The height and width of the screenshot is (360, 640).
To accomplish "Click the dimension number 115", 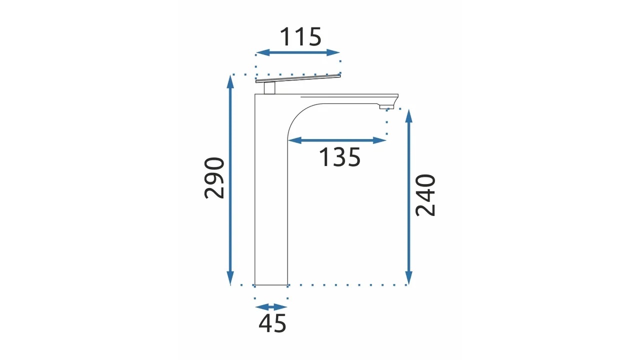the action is [x=301, y=37].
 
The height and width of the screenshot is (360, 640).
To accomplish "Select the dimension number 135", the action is [x=339, y=157].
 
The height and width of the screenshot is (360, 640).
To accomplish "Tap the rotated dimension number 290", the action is [x=214, y=177].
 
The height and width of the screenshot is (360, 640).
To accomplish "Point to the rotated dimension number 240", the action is [x=425, y=195].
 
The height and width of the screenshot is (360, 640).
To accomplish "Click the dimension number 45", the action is [x=272, y=323].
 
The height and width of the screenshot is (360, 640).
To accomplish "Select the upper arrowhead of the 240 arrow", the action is [x=409, y=116].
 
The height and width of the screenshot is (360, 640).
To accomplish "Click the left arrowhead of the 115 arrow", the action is [x=263, y=52].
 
